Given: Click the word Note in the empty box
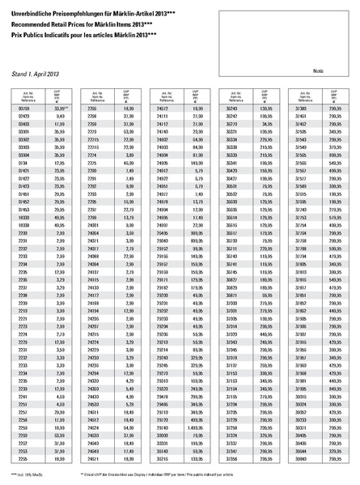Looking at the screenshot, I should click(x=318, y=71).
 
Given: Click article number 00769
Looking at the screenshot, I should click(x=23, y=107).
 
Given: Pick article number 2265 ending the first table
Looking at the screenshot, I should click(x=23, y=457).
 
